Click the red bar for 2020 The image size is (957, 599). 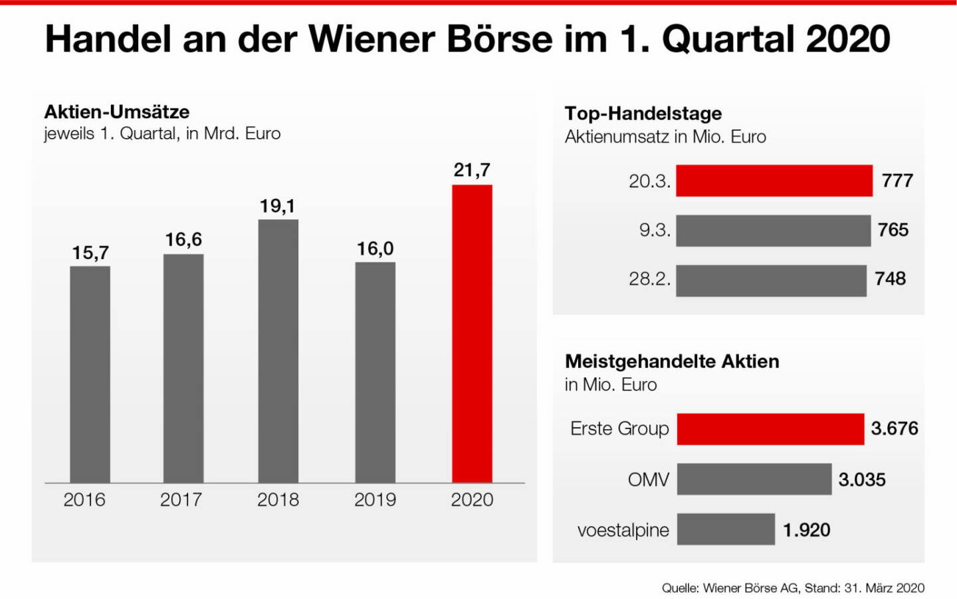coord(472,333)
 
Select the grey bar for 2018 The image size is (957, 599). coord(278,351)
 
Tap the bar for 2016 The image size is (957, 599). coord(90,374)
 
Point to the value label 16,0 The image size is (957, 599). coord(375,249)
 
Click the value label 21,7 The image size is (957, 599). coord(472,170)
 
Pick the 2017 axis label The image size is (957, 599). coord(181,499)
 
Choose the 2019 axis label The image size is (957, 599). coord(375,499)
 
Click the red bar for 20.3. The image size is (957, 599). coord(774,181)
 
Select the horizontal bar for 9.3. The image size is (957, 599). coord(773,230)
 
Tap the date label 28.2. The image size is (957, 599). coord(649,279)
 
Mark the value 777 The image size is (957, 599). coord(897,181)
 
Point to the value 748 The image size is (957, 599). coord(890,279)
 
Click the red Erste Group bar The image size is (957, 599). coord(770,429)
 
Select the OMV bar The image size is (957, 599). coord(754,479)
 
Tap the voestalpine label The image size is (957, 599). coord(623,530)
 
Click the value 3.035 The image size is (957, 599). coord(861,479)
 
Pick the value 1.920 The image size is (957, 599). coord(806,530)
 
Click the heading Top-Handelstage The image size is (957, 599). coord(643,114)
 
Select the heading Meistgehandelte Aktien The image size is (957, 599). coord(671,361)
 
